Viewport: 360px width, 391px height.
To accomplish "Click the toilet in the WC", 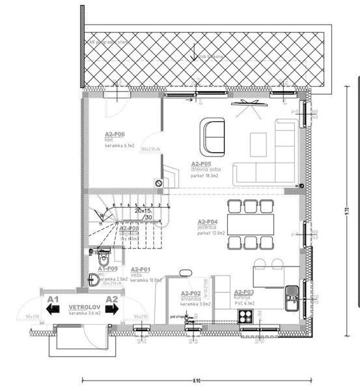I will click(x=98, y=253).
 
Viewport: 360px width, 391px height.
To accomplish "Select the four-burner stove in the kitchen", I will click(x=246, y=317).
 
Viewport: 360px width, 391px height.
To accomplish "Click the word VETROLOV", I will click(x=83, y=308).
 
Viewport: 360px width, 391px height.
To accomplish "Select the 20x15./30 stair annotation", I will click(x=142, y=214).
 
